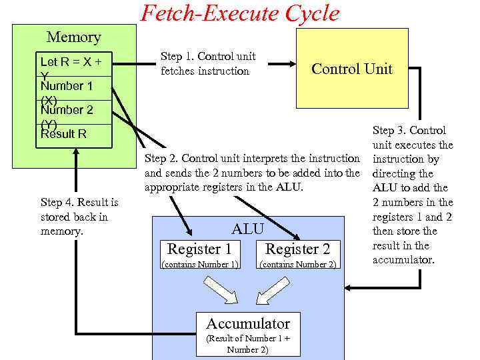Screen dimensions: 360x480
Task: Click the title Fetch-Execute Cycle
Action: coord(239,13)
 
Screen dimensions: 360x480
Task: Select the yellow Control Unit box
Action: coord(352,69)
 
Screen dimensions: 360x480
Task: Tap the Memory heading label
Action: coord(73,37)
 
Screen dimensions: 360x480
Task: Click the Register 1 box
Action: coord(199,249)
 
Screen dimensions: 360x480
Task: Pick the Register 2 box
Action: coord(297,249)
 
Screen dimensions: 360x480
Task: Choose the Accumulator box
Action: coord(248,324)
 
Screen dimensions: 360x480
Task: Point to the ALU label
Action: coord(247,229)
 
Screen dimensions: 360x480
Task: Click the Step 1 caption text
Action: coord(208,63)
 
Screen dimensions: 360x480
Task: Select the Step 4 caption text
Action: coord(79,217)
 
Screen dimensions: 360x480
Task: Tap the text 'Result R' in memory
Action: coord(64,134)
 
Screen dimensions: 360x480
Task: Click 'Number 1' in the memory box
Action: coord(67,86)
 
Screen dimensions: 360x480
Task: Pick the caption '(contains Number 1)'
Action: coord(200,265)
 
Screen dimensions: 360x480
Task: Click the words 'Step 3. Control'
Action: coord(409,131)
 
